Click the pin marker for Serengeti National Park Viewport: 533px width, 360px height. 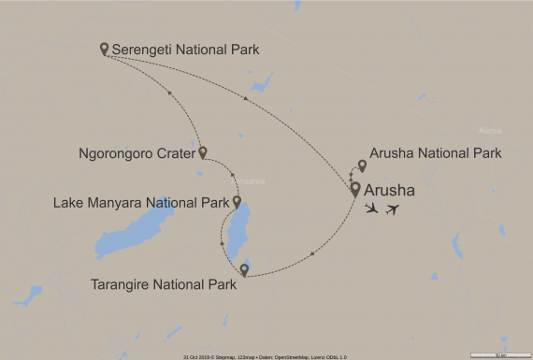pyautogui.click(x=105, y=47)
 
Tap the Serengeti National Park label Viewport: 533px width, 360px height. pyautogui.click(x=184, y=49)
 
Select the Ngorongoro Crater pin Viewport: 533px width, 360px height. pyautogui.click(x=202, y=151)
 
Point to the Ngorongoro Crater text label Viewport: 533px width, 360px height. pyautogui.click(x=136, y=152)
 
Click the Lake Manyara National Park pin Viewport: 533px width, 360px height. pyautogui.click(x=237, y=201)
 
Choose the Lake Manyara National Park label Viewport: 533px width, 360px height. pyautogui.click(x=140, y=202)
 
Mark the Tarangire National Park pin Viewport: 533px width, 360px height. pyautogui.click(x=244, y=270)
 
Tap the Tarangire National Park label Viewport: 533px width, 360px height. pyautogui.click(x=163, y=285)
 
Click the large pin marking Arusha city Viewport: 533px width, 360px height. pyautogui.click(x=355, y=188)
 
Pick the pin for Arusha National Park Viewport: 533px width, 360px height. pyautogui.click(x=363, y=166)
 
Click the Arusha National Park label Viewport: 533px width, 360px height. pyautogui.click(x=435, y=152)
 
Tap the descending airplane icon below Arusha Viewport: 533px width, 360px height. pyautogui.click(x=373, y=208)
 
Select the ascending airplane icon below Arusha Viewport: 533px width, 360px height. pyautogui.click(x=395, y=209)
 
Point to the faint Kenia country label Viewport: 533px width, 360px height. pyautogui.click(x=489, y=130)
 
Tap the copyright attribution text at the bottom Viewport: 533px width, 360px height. pyautogui.click(x=266, y=356)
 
